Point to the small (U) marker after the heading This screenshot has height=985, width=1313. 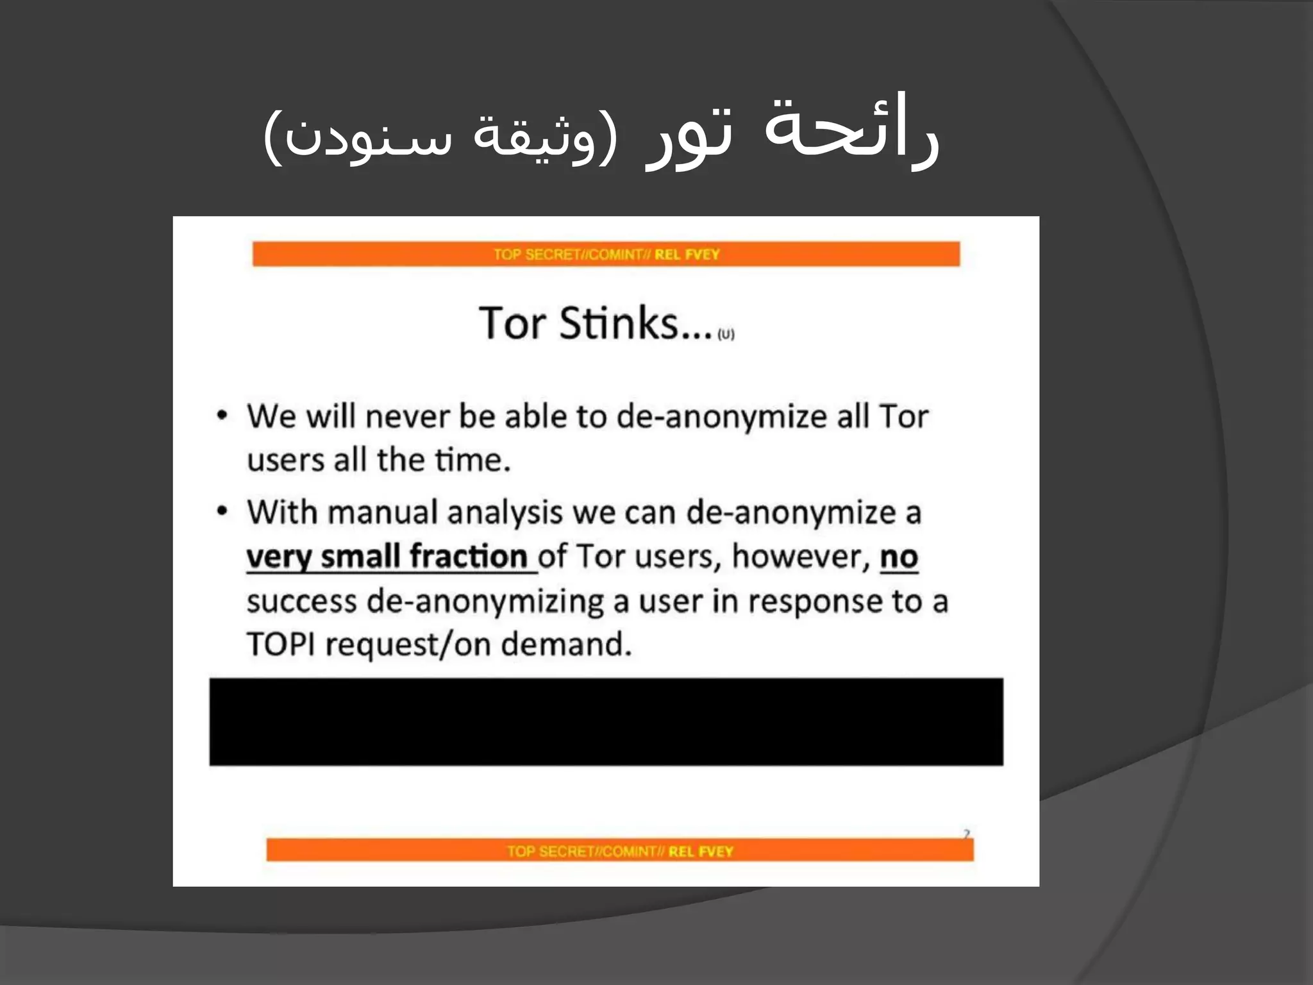click(726, 334)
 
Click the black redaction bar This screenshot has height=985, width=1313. click(606, 721)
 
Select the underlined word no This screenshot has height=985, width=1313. click(899, 557)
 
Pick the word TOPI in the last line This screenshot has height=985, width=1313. click(281, 644)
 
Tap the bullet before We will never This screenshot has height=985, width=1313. click(222, 416)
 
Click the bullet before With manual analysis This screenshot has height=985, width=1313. click(222, 512)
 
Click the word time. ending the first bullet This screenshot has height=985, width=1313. click(473, 460)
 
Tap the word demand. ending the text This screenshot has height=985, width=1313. click(565, 644)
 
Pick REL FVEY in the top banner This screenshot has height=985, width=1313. click(687, 255)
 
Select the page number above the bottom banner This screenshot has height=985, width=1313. click(966, 834)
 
